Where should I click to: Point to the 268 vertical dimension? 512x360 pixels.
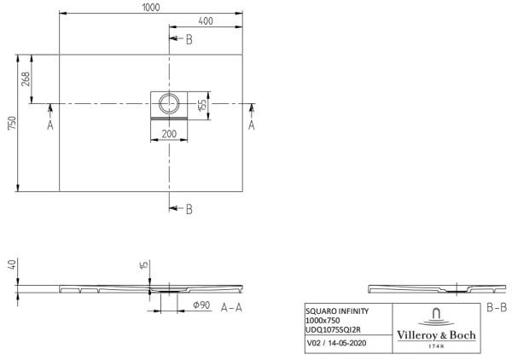pyautogui.click(x=26, y=80)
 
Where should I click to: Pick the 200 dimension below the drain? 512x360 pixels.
pyautogui.click(x=169, y=135)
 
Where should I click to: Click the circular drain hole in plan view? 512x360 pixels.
pyautogui.click(x=169, y=104)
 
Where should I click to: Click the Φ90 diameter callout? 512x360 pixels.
pyautogui.click(x=202, y=306)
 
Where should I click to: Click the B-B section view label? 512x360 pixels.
pyautogui.click(x=497, y=306)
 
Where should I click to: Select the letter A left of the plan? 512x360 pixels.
pyautogui.click(x=50, y=125)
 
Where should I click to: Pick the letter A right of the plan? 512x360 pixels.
pyautogui.click(x=252, y=125)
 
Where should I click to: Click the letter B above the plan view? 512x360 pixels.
pyautogui.click(x=189, y=39)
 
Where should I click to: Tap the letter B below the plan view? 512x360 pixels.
pyautogui.click(x=189, y=209)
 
